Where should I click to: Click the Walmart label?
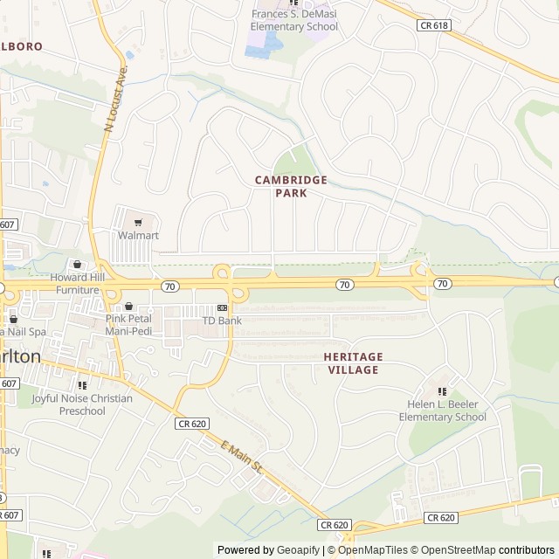tap(138, 236)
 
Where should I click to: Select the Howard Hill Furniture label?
tap(79, 283)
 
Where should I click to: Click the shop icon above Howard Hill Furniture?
tap(77, 265)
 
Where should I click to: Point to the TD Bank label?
tap(222, 321)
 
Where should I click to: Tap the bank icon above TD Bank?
tap(222, 308)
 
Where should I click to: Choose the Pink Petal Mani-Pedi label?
tap(129, 325)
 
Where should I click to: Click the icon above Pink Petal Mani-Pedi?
tap(129, 307)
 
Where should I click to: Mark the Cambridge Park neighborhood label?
tap(291, 186)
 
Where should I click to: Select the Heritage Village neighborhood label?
tap(353, 363)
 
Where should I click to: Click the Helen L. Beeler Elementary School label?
tap(442, 411)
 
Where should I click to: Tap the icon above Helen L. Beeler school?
tap(442, 390)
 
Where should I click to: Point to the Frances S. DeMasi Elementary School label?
tap(294, 20)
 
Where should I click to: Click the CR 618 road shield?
tap(434, 26)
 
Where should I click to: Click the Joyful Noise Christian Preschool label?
tap(82, 405)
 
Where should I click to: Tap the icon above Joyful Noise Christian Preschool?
tap(82, 385)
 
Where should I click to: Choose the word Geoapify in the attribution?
tap(299, 550)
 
